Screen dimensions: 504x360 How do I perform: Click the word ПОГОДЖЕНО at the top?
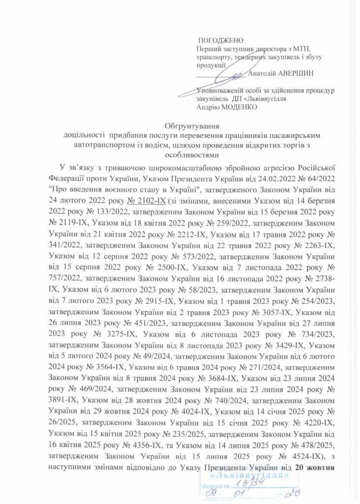pyautogui.click(x=221, y=40)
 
